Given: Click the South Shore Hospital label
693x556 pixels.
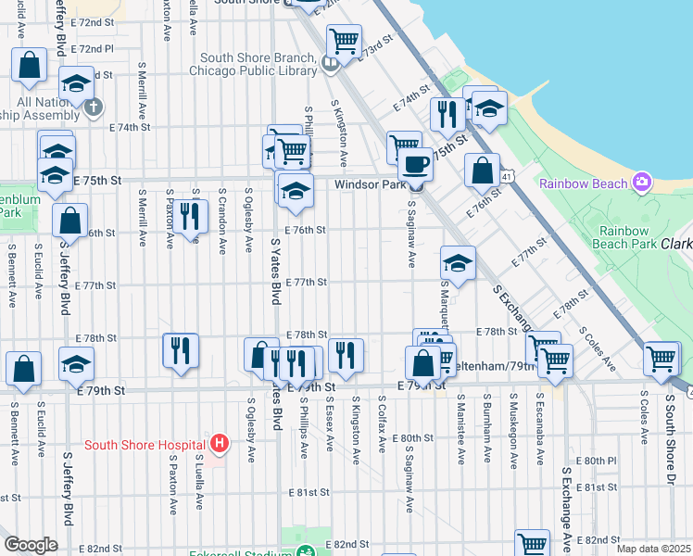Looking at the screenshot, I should [144, 445].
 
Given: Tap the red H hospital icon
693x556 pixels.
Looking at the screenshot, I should [219, 444].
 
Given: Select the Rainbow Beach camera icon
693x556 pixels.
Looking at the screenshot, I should [641, 183].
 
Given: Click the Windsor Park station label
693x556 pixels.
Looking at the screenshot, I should [370, 185].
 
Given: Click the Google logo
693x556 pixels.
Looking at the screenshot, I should [31, 545].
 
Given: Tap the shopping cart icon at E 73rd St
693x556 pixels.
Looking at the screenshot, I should [344, 41].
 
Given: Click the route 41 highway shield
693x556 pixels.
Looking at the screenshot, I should [506, 175].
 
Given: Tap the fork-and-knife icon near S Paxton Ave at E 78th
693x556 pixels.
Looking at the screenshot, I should [181, 349].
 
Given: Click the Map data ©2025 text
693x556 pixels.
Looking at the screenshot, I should [653, 549].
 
